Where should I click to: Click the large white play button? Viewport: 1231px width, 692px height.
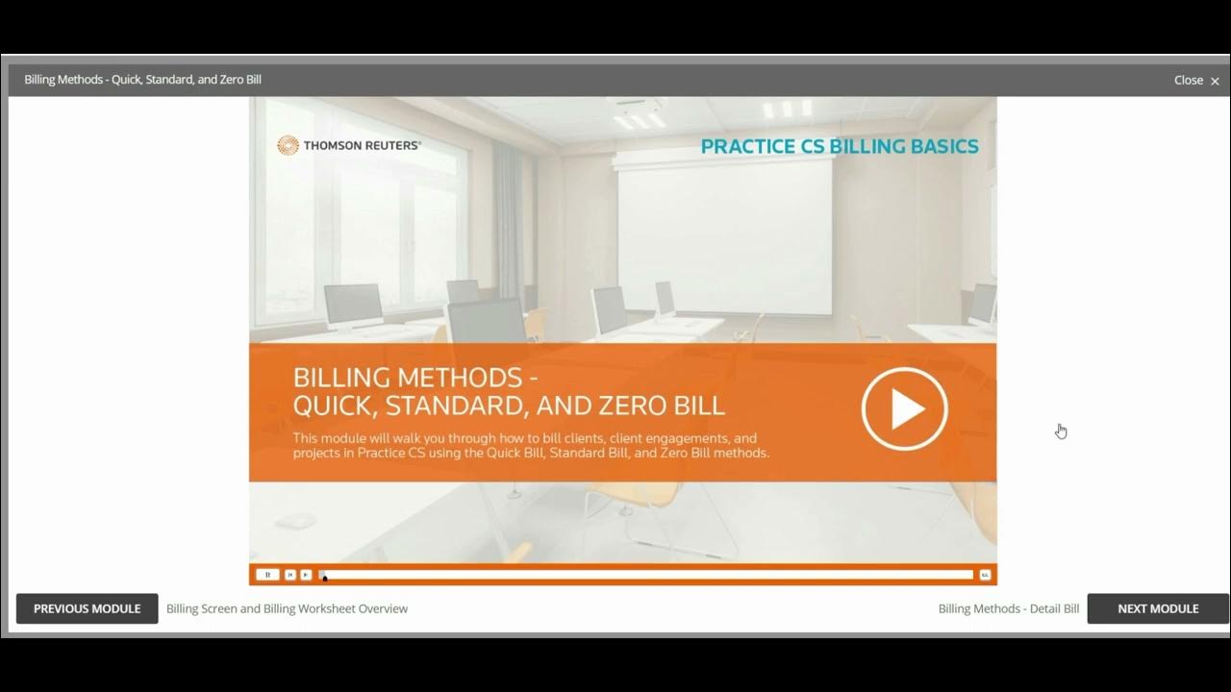coord(904,409)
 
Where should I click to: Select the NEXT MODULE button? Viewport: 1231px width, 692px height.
coord(1157,608)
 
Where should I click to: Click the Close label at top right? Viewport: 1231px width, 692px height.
coord(1188,80)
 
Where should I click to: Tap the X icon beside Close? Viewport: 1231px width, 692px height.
coord(1215,81)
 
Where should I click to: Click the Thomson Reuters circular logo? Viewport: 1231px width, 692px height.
coord(288,145)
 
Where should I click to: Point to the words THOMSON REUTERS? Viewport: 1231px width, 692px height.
coord(363,146)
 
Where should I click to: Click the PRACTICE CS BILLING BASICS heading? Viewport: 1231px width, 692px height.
coord(839,146)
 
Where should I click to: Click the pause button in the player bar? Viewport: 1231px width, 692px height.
coord(267,575)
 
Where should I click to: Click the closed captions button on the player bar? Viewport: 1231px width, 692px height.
coord(985,575)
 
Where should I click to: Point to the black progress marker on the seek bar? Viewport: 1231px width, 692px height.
coord(324,577)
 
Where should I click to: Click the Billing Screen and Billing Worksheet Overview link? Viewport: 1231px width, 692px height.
coord(287,608)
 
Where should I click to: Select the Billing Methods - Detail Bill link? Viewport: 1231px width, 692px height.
coord(1008,608)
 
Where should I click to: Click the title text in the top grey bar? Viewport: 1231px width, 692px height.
coord(142,80)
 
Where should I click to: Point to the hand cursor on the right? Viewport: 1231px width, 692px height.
coord(1061,432)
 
